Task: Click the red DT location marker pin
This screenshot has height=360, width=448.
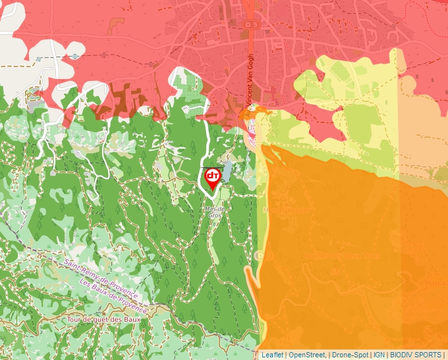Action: pyautogui.click(x=212, y=178)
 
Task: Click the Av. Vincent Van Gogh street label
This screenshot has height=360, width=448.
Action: pyautogui.click(x=249, y=86)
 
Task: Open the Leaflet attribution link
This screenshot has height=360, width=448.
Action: pyautogui.click(x=272, y=355)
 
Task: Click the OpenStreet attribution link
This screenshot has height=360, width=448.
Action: pyautogui.click(x=307, y=355)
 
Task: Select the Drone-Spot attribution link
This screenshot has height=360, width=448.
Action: pyautogui.click(x=350, y=355)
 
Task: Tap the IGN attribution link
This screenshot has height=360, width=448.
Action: pyautogui.click(x=379, y=355)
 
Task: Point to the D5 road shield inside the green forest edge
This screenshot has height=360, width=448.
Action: pyautogui.click(x=260, y=255)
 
